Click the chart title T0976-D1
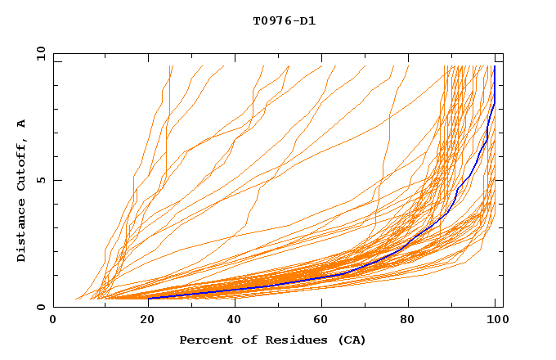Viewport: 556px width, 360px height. click(x=284, y=20)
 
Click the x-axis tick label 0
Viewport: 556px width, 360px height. click(x=53, y=322)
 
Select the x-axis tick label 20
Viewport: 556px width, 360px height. click(x=142, y=322)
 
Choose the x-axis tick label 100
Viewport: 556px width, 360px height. click(x=495, y=322)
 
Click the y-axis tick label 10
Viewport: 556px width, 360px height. click(x=40, y=52)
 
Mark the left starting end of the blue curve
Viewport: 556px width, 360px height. click(x=149, y=298)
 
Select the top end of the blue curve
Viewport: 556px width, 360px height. click(x=495, y=66)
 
